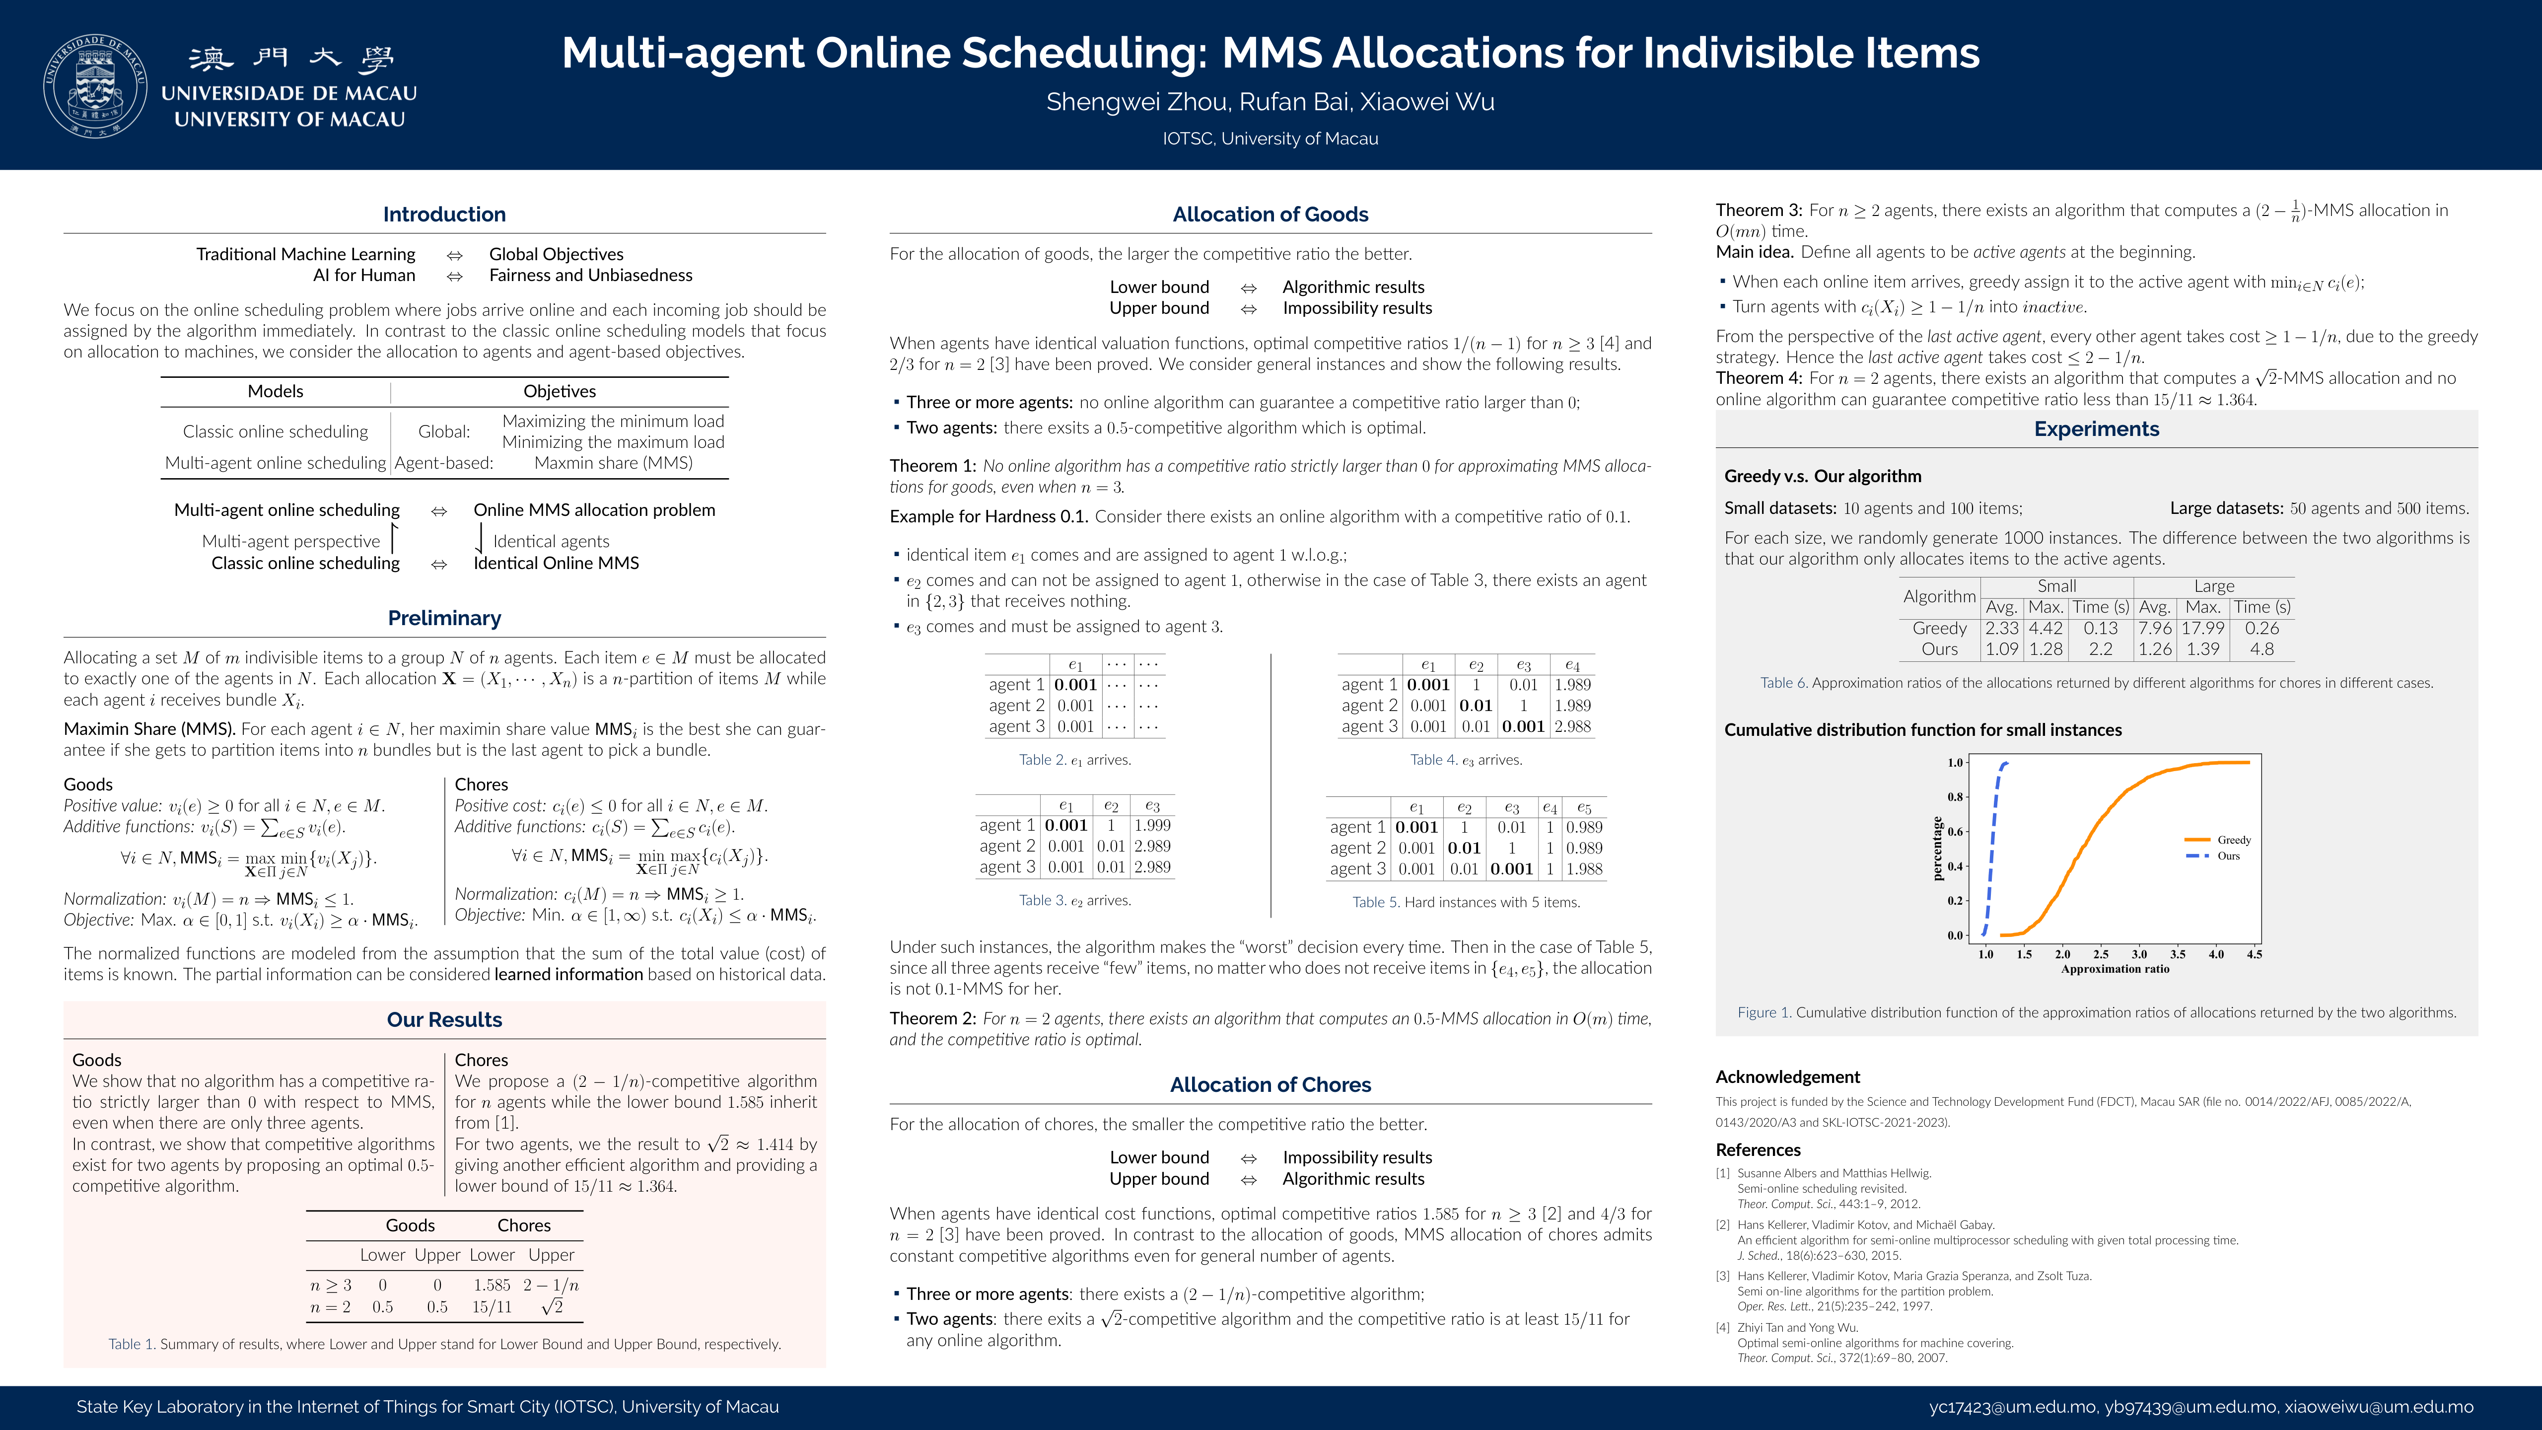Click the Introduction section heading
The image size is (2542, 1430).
coord(444,214)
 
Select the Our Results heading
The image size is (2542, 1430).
coord(444,1019)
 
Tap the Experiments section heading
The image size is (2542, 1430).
coord(2096,429)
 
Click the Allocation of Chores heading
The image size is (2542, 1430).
coord(1270,1084)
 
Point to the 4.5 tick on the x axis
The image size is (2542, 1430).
coord(2254,954)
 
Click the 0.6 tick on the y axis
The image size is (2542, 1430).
coord(1955,831)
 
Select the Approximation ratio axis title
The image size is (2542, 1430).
coord(2115,969)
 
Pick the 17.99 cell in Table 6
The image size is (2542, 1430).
coord(2202,628)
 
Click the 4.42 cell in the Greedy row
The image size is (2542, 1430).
coord(2046,628)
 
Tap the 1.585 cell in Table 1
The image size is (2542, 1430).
coord(492,1285)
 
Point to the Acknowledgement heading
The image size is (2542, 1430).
coord(1787,1076)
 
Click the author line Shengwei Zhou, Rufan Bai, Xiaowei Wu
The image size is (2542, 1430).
coord(1270,102)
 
